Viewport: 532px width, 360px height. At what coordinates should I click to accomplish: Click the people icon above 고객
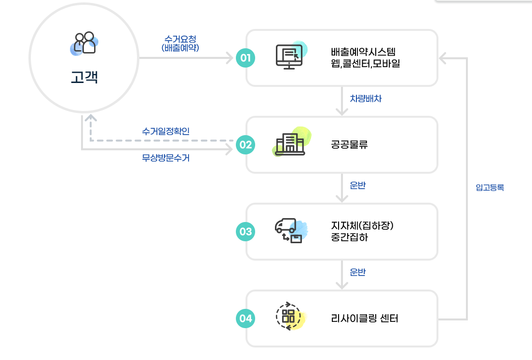coord(84,43)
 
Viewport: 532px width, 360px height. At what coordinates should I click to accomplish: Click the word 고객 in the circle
coord(84,77)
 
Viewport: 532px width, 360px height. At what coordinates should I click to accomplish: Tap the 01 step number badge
coord(246,58)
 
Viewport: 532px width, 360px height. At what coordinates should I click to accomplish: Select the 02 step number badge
coord(246,144)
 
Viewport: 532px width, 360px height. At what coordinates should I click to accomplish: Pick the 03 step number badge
coord(246,232)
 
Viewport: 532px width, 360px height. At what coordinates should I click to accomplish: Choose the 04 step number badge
coord(246,318)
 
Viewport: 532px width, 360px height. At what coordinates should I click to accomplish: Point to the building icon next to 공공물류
coord(290,143)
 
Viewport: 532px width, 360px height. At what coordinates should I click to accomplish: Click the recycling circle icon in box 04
coord(288,317)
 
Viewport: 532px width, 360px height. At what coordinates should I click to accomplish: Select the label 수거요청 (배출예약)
coord(180,43)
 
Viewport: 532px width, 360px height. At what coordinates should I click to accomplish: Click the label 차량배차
coord(366,98)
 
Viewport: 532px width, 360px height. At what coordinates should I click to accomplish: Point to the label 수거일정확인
coord(166,131)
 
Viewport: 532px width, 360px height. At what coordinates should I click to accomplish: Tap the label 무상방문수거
coord(166,158)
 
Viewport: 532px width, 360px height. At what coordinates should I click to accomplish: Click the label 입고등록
coord(490,188)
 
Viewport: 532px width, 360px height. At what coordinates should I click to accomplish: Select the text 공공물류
coord(350,144)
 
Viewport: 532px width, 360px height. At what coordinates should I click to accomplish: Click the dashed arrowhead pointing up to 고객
coord(90,118)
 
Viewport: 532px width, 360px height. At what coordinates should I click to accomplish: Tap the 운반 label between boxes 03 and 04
coord(357,273)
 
